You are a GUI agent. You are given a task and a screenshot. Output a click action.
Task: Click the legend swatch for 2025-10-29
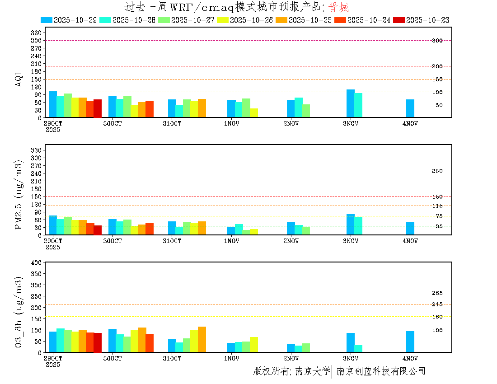[x=47, y=20]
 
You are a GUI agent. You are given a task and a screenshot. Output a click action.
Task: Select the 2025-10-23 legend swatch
[x=399, y=20]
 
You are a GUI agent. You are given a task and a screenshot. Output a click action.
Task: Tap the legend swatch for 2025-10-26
[x=223, y=20]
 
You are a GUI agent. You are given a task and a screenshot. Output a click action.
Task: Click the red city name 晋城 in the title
[x=338, y=7]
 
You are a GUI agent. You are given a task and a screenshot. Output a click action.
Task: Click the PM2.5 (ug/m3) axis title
[x=19, y=195]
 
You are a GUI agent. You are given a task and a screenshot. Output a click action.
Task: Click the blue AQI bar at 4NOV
[x=410, y=108]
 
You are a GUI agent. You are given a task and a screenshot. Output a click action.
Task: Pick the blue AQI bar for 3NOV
[x=351, y=103]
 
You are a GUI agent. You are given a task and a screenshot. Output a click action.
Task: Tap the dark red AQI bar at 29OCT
[x=98, y=108]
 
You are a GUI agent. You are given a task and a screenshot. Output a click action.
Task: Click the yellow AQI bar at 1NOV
[x=254, y=113]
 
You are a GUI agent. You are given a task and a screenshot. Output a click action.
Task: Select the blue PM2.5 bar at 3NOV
[x=351, y=225]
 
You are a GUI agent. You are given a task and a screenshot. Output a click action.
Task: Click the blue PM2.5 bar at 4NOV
[x=410, y=229]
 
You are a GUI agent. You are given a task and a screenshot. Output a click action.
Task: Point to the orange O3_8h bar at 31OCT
[x=202, y=339]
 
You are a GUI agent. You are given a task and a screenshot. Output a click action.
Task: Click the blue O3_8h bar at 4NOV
[x=410, y=342]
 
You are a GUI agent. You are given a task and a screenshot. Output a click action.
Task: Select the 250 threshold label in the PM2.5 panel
[x=437, y=171]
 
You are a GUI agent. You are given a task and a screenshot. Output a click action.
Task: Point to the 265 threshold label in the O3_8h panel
[x=437, y=293]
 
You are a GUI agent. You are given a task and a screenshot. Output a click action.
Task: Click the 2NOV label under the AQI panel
[x=291, y=123]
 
